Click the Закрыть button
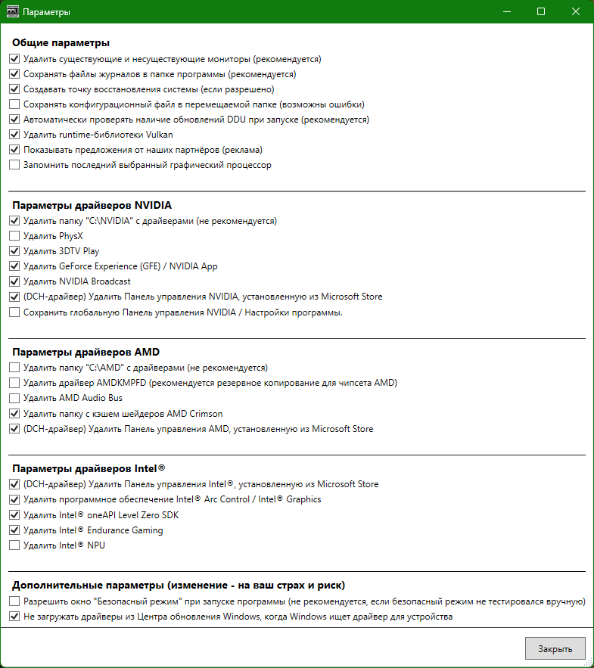pos(555,648)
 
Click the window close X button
pos(576,12)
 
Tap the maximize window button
pos(541,12)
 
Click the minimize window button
pos(506,12)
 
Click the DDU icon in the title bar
pos(12,12)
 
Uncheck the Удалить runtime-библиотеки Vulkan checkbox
pos(14,135)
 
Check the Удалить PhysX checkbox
pos(14,236)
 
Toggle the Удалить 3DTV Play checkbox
pos(14,251)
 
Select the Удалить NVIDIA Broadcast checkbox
pos(14,281)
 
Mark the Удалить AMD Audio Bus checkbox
pos(14,398)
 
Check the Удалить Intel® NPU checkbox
pos(14,545)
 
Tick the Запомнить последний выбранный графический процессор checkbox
pos(14,165)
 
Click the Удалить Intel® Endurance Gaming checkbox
pos(14,530)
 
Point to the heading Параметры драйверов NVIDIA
pos(92,205)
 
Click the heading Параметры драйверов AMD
pos(86,352)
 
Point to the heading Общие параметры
pos(61,42)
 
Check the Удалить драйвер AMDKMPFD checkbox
pos(14,383)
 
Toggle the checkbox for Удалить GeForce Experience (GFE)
pos(14,266)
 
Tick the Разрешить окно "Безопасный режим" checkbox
pos(14,601)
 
